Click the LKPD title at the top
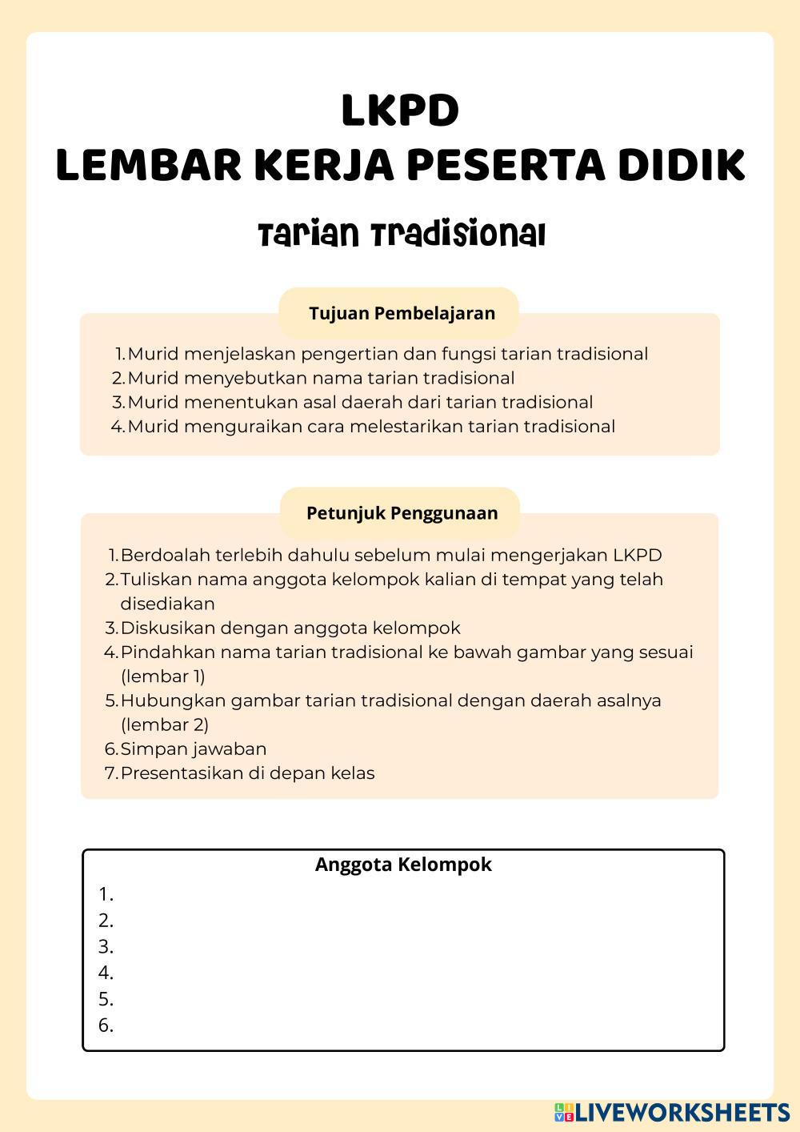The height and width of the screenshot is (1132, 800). coord(400,110)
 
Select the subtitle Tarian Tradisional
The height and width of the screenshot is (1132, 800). coord(402,235)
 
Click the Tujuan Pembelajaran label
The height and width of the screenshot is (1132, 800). coord(402,313)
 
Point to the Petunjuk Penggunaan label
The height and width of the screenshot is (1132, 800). coord(402,513)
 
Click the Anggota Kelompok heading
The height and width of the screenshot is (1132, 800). coord(403,865)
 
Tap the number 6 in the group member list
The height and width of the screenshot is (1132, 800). coord(106,1026)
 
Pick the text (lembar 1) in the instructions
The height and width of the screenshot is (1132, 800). coord(162,676)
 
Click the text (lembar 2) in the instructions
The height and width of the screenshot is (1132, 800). coord(164,725)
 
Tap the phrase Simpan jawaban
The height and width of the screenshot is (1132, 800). coord(193,749)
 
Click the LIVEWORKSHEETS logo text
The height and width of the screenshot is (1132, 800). coord(682,1111)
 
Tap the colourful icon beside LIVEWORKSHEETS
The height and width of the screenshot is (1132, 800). coord(564,1111)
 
